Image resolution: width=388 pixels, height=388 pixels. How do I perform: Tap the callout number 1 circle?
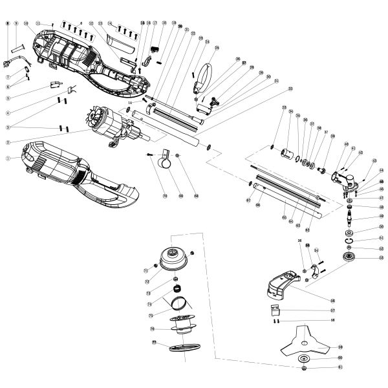tap(8, 157)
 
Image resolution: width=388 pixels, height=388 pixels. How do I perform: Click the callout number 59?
tap(340, 347)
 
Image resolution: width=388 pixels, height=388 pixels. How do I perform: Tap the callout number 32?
tap(291, 88)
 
